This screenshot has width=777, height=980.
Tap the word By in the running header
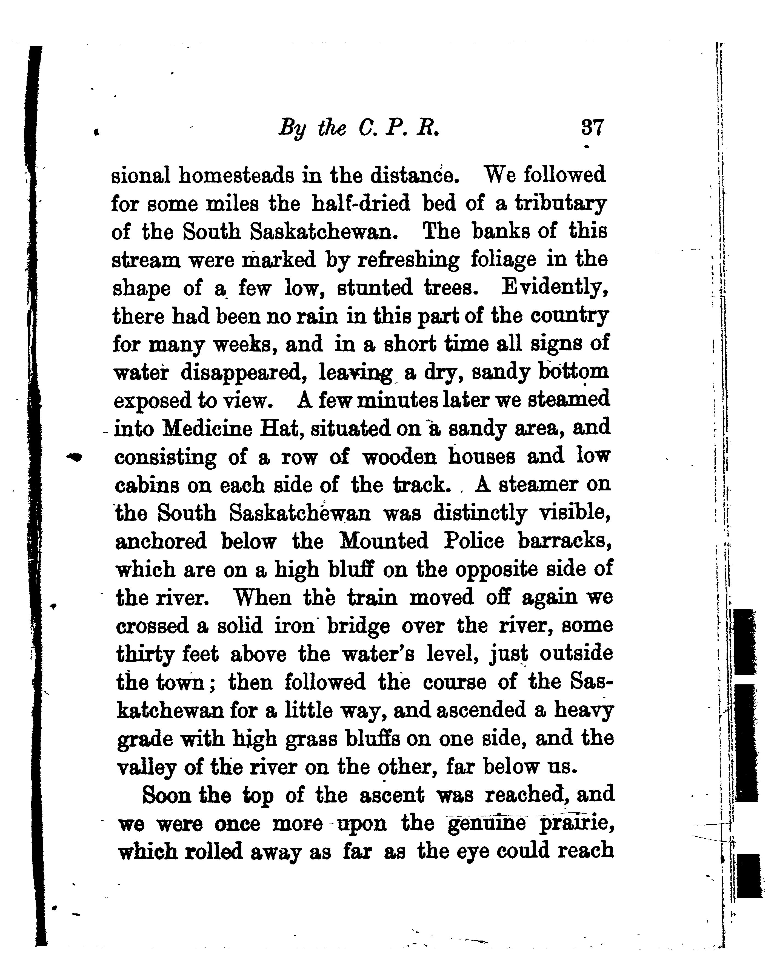click(x=291, y=129)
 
